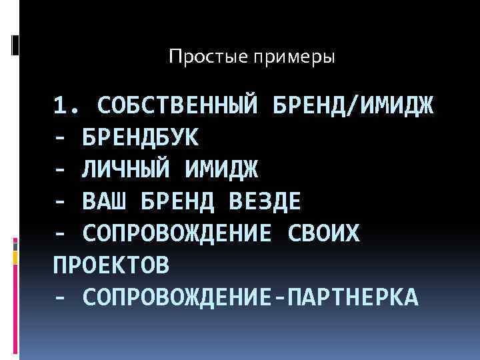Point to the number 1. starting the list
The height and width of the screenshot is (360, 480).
(x=67, y=105)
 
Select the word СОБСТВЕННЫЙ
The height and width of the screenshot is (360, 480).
(x=177, y=105)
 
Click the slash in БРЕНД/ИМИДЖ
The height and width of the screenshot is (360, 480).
(x=359, y=105)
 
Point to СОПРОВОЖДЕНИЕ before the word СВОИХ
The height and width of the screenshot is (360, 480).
(x=177, y=233)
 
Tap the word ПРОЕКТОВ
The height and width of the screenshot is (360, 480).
(x=111, y=265)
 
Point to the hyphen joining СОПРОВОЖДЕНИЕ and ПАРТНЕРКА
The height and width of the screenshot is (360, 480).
(x=278, y=297)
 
